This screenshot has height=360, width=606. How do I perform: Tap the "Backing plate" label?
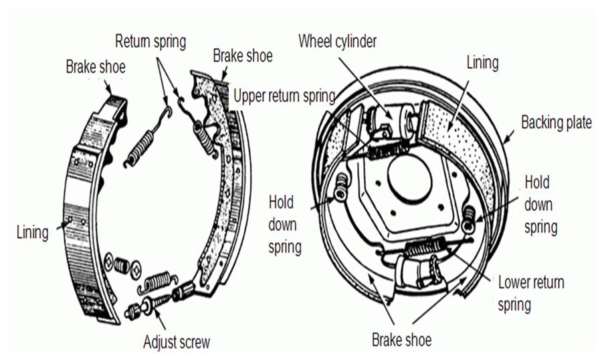point(556,123)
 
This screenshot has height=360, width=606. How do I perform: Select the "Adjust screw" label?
point(177,343)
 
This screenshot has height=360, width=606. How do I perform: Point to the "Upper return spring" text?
point(284,96)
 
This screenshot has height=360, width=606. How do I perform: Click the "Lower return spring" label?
point(530,293)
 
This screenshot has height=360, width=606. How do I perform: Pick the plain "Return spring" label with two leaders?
point(150,41)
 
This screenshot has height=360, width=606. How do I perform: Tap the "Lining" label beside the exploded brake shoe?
point(32,232)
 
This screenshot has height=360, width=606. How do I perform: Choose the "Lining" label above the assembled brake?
point(482,62)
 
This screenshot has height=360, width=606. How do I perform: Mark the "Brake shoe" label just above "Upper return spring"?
point(242,55)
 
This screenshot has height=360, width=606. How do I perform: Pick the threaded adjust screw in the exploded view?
point(157,304)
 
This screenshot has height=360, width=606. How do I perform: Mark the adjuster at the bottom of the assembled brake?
point(415,271)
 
